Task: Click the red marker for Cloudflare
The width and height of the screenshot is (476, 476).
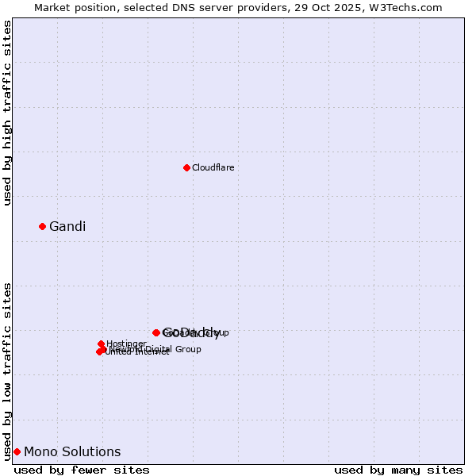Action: [186, 167]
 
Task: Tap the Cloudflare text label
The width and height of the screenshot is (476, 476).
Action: [213, 167]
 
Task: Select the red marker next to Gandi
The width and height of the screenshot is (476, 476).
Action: [43, 226]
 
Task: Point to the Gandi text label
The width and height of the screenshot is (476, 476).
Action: [67, 227]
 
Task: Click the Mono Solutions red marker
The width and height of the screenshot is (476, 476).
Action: [17, 451]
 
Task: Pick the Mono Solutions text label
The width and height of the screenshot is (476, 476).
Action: [72, 452]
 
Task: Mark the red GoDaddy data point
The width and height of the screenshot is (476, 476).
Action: [156, 332]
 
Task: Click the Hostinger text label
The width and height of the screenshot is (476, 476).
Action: [126, 344]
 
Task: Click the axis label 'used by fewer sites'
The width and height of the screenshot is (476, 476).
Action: [82, 470]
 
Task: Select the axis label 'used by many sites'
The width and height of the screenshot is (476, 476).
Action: [398, 470]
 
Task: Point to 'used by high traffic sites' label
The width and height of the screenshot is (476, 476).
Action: [8, 113]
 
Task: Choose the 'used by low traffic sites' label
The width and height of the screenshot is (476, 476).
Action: [8, 370]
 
